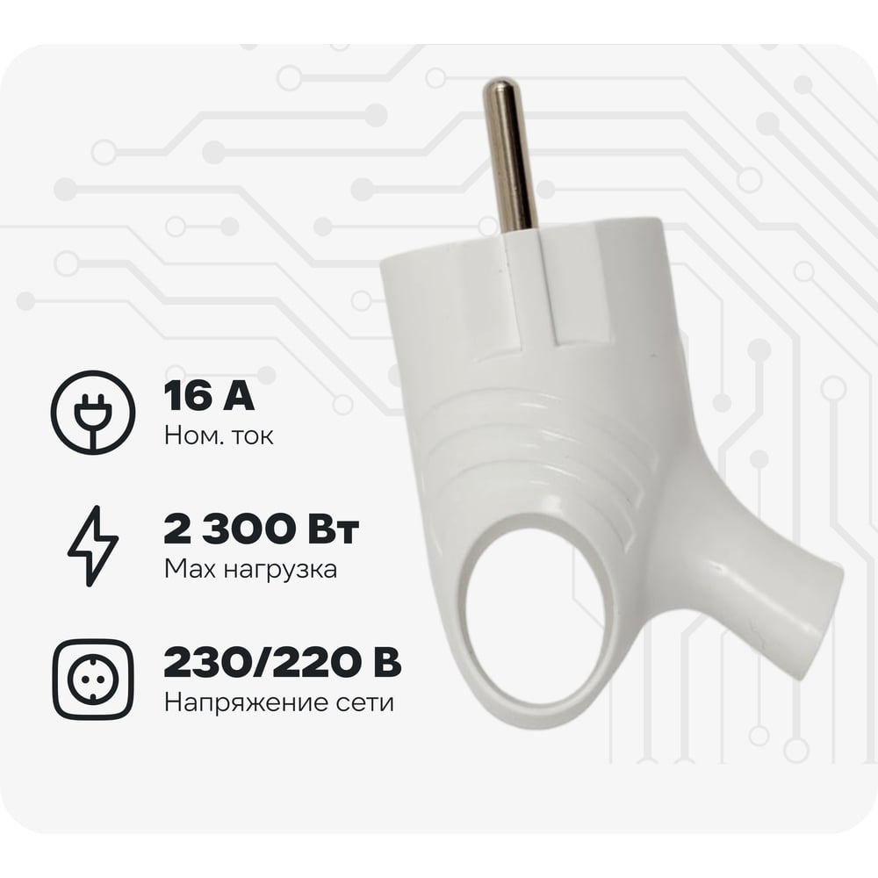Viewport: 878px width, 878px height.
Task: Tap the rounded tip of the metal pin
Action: (x=499, y=85)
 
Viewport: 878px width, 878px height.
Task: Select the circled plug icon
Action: (x=93, y=412)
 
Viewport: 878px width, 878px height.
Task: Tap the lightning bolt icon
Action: (x=93, y=546)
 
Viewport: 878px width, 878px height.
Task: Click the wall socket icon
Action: (x=93, y=680)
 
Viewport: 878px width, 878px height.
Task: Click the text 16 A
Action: (x=209, y=396)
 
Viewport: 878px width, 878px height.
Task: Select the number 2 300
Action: (x=228, y=529)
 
